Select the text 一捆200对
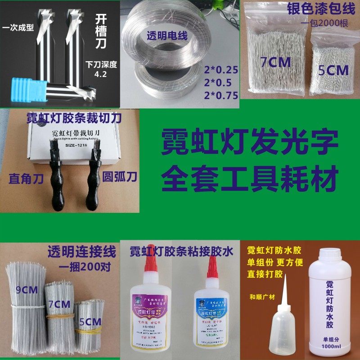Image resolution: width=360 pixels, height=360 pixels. pyautogui.click(x=85, y=265)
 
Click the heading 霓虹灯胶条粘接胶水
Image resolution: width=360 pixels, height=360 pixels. pyautogui.click(x=181, y=251)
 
